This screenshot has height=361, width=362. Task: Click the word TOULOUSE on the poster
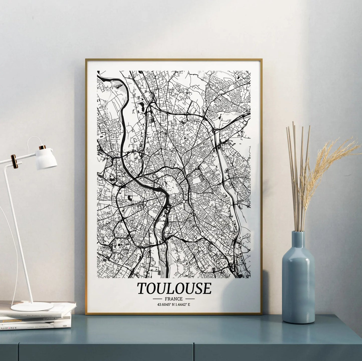click(x=174, y=288)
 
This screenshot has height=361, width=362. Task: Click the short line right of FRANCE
click(x=190, y=299)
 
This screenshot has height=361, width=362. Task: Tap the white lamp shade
click(x=48, y=159)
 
